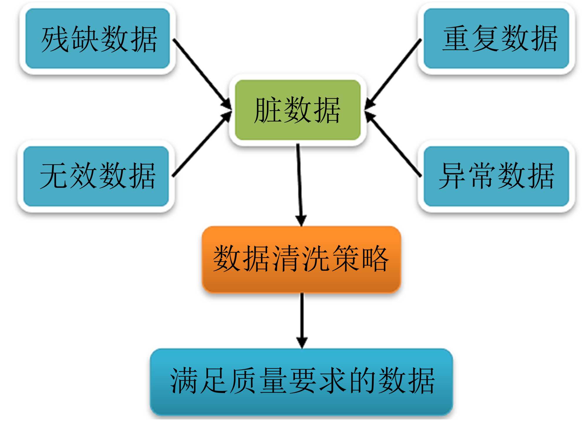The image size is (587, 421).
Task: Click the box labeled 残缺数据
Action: tap(97, 38)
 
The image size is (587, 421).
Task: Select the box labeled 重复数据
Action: tap(496, 38)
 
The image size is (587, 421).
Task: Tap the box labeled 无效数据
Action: tap(96, 176)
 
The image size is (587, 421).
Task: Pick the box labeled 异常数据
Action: tap(496, 176)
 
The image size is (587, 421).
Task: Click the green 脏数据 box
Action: tap(298, 110)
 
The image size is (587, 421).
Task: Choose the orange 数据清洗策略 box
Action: tap(301, 259)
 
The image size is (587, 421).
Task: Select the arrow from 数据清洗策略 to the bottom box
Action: tap(302, 320)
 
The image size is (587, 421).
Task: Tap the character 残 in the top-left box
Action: tap(55, 39)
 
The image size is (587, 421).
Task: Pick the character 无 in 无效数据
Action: tap(53, 176)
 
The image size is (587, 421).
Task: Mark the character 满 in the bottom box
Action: tap(184, 380)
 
